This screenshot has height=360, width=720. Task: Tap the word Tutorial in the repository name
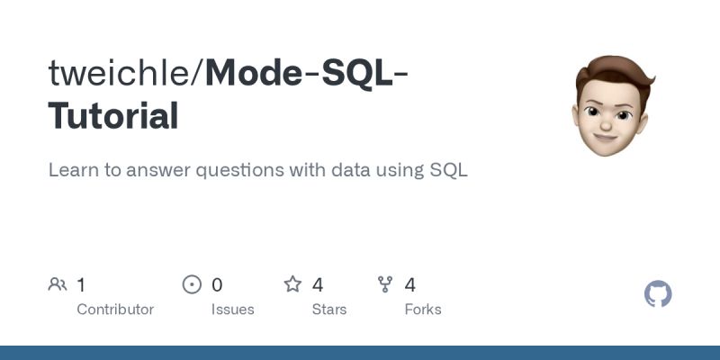(113, 116)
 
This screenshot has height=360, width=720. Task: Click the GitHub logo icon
(659, 294)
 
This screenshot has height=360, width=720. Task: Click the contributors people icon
(58, 285)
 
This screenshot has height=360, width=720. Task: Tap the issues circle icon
(192, 285)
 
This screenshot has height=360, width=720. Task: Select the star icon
(292, 285)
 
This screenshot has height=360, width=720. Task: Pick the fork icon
(386, 285)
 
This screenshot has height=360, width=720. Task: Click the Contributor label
(115, 310)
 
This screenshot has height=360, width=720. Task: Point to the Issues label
(232, 310)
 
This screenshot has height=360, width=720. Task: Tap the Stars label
(330, 310)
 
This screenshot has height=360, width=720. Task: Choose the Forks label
(423, 310)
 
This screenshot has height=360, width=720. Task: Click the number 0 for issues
(217, 285)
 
